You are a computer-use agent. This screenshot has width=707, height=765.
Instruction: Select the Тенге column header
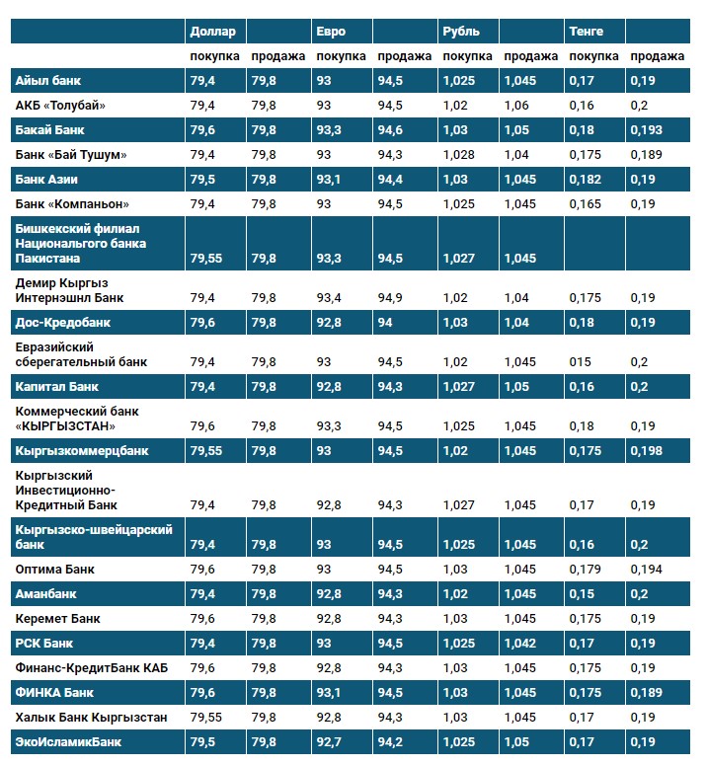click(586, 32)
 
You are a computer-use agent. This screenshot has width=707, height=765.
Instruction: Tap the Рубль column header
click(460, 32)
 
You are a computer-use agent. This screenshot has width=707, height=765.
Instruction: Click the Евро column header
click(331, 32)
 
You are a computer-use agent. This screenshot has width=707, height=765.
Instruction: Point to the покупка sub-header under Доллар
click(214, 56)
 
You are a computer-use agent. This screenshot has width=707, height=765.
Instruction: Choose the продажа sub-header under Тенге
click(657, 56)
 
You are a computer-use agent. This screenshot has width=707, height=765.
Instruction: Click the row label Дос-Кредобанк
click(62, 323)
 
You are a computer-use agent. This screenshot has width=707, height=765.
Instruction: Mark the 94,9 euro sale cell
click(390, 297)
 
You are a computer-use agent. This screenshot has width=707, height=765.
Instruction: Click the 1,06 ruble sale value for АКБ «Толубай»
click(516, 105)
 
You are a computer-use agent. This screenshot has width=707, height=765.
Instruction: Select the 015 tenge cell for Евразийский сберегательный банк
click(581, 361)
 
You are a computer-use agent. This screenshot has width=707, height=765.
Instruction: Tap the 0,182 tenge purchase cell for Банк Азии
click(586, 180)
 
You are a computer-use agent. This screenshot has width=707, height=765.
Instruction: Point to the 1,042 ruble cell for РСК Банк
click(520, 644)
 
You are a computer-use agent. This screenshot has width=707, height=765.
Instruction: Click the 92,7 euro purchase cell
click(330, 740)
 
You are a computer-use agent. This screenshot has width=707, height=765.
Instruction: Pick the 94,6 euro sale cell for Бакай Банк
click(390, 130)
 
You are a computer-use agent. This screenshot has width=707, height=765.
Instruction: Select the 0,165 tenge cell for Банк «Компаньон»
click(586, 203)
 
